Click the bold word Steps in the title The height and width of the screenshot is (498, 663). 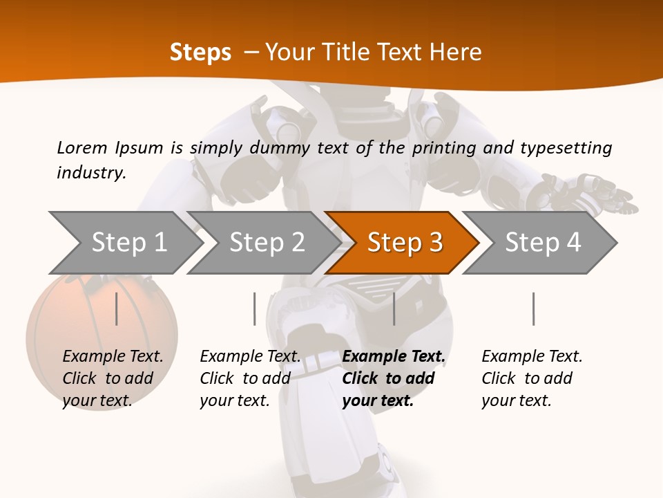[200, 53]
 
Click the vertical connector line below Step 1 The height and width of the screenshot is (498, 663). [116, 308]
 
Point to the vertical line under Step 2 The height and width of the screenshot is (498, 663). [255, 308]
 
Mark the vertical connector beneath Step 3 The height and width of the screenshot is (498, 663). [394, 308]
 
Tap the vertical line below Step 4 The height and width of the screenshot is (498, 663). [533, 308]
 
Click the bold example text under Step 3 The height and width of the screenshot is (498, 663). [393, 378]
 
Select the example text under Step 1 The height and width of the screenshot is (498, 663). [113, 378]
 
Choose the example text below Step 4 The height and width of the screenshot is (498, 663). [532, 378]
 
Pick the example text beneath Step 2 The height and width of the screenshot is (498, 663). [250, 378]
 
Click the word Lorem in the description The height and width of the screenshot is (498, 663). [82, 147]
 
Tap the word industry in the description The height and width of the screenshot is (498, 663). [90, 172]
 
